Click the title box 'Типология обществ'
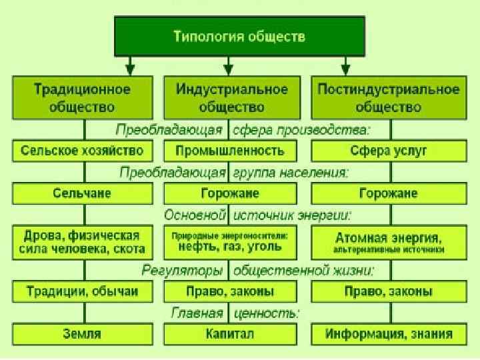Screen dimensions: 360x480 click(x=240, y=37)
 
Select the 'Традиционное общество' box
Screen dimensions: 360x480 click(x=83, y=97)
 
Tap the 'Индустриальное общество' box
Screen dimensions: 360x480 click(x=231, y=97)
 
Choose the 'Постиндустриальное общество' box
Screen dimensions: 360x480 click(x=389, y=97)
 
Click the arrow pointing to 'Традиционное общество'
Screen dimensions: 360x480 click(x=131, y=66)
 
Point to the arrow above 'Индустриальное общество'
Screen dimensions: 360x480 click(x=229, y=66)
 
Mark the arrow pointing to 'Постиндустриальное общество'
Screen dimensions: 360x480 click(x=345, y=66)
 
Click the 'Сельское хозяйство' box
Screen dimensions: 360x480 click(x=83, y=151)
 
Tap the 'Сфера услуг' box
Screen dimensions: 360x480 click(x=389, y=151)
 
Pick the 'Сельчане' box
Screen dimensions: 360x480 click(x=83, y=194)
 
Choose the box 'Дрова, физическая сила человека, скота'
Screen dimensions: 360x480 click(x=83, y=242)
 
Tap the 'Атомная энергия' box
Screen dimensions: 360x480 click(x=389, y=242)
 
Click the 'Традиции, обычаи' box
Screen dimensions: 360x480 click(x=83, y=291)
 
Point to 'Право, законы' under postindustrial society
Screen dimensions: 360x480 click(x=389, y=291)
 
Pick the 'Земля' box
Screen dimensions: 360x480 click(x=83, y=333)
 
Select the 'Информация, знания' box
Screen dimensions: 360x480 click(x=389, y=333)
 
